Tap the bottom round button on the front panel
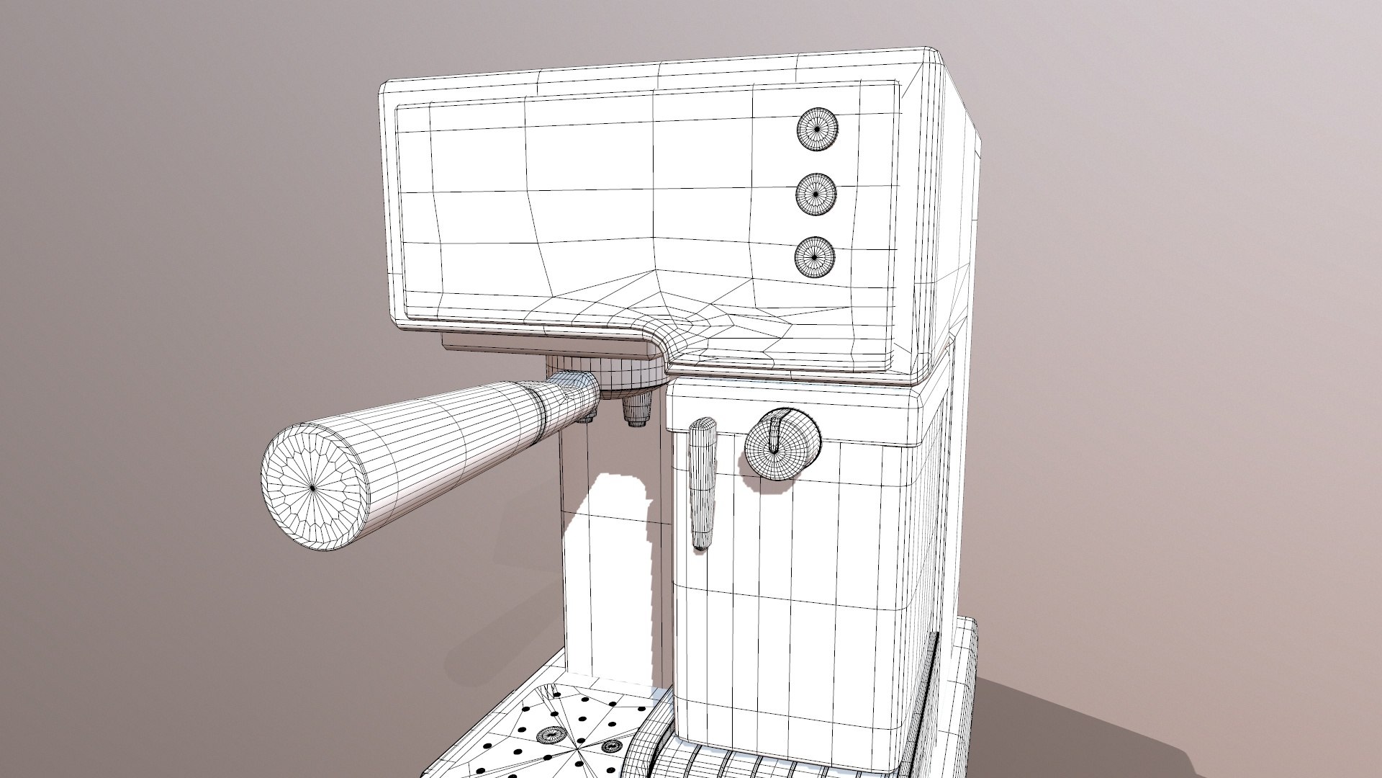tap(816, 255)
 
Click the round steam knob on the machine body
tap(782, 444)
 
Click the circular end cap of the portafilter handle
tap(314, 488)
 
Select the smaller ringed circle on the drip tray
tap(613, 745)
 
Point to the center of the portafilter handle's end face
tap(314, 488)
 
